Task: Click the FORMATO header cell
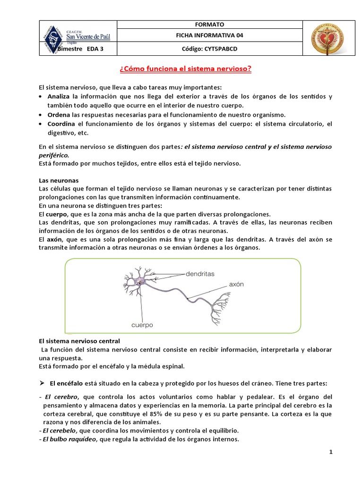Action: pyautogui.click(x=209, y=25)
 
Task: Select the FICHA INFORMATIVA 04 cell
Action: pyautogui.click(x=209, y=35)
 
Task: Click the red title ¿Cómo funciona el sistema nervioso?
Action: pyautogui.click(x=185, y=69)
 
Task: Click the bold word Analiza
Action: pyautogui.click(x=59, y=96)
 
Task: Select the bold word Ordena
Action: pyautogui.click(x=58, y=115)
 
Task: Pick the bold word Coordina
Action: pyautogui.click(x=61, y=124)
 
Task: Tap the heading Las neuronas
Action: pyautogui.click(x=58, y=181)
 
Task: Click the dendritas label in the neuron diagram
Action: pyautogui.click(x=200, y=273)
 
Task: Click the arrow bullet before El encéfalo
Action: pyautogui.click(x=41, y=382)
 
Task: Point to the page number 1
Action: pyautogui.click(x=331, y=452)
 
